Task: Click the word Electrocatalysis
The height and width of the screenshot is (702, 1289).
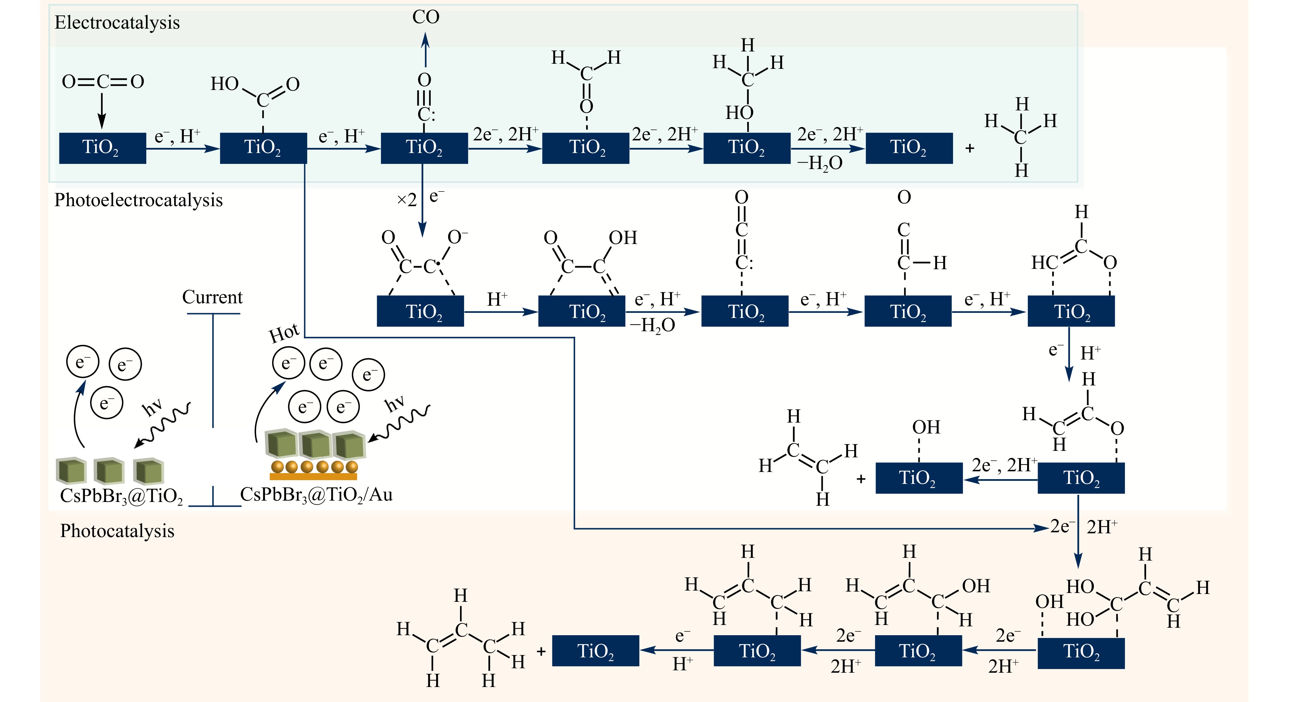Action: click(117, 22)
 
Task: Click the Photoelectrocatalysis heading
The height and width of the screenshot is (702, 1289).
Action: click(138, 200)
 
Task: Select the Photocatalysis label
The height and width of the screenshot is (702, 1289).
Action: click(117, 531)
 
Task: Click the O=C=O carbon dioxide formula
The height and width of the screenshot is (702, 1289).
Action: click(103, 81)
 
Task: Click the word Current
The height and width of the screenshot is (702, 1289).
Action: click(212, 297)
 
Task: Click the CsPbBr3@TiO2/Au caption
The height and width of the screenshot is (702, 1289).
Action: click(316, 494)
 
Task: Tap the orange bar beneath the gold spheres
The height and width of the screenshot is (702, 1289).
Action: click(313, 476)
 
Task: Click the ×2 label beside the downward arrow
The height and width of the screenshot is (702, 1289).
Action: click(406, 200)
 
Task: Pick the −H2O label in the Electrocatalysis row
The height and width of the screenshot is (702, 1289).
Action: click(820, 163)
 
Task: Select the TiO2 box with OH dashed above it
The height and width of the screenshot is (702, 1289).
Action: click(919, 478)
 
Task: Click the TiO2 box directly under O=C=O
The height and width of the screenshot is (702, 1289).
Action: click(102, 148)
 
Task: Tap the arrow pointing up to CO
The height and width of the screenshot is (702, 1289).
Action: click(425, 50)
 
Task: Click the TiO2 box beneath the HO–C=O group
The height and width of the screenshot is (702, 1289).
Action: click(263, 148)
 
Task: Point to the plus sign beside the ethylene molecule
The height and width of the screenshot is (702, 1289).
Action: click(861, 479)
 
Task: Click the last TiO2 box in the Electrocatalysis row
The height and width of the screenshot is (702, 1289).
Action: click(909, 148)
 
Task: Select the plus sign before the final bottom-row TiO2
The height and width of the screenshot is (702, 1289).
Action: click(541, 652)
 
